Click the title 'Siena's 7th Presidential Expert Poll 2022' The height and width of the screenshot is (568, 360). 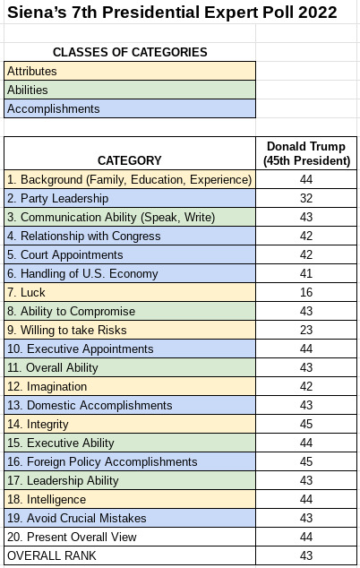click(172, 13)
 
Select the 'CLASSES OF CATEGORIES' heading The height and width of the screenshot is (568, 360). click(130, 52)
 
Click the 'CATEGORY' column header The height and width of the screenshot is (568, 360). click(130, 160)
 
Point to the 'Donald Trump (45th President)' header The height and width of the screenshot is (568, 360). click(306, 153)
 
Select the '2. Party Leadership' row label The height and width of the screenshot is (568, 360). click(57, 199)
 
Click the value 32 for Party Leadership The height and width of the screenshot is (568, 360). click(306, 199)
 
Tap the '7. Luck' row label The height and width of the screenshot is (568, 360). click(26, 292)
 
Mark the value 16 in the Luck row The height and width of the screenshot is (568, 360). click(306, 292)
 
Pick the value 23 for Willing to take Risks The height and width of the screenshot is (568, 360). click(306, 330)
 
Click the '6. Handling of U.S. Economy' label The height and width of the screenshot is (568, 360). click(82, 273)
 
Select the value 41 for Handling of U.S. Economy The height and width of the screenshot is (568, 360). click(306, 273)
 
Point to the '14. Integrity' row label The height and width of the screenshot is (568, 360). click(38, 424)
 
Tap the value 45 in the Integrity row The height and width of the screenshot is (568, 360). click(306, 424)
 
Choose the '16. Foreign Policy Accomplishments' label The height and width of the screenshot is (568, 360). click(102, 462)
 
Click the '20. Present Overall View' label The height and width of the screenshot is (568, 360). click(72, 537)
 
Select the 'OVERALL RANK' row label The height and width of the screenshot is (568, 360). click(51, 555)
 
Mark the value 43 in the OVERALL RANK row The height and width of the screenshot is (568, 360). click(306, 555)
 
